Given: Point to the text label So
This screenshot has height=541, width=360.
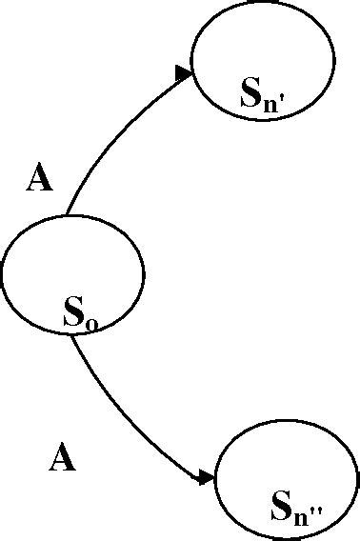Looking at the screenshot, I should click(81, 312).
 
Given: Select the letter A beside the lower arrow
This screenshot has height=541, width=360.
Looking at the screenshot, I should click(62, 459).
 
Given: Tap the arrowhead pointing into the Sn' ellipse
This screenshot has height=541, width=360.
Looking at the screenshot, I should click(183, 72).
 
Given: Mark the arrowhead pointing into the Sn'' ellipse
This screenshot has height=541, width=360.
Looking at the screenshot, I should click(206, 477).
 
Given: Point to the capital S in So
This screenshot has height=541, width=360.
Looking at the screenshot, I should click(73, 311).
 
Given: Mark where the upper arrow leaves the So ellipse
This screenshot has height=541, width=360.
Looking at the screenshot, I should click(66, 215).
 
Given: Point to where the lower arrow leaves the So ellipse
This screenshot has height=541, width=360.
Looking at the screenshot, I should click(72, 333).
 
